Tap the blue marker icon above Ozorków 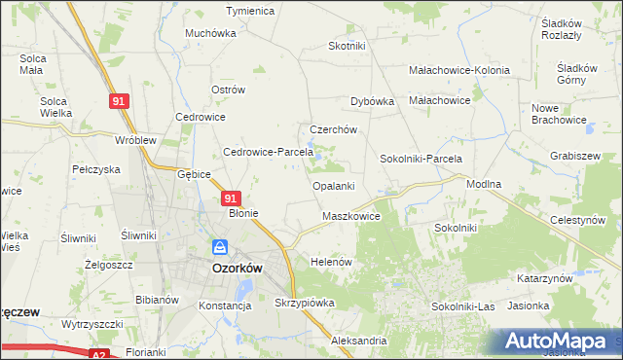[x=220, y=248]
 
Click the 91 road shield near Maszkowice [x=394, y=197]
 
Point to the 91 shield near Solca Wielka [x=118, y=101]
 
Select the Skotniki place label [x=347, y=46]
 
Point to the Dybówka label [x=371, y=100]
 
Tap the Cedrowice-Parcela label [x=268, y=152]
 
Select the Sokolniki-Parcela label [x=421, y=159]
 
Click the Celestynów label [x=577, y=221]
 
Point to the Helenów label [x=330, y=263]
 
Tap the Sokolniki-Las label [x=463, y=306]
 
